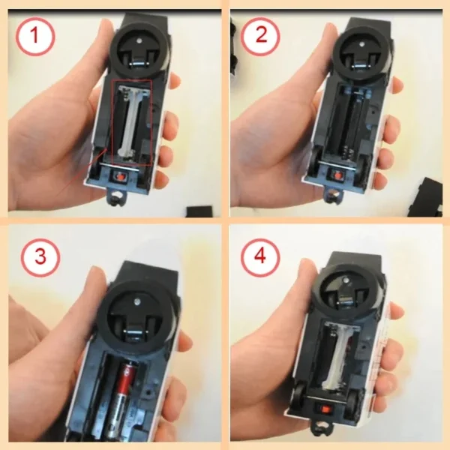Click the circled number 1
pyautogui.click(x=35, y=37)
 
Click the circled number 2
pyautogui.click(x=260, y=37)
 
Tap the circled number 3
pyautogui.click(x=40, y=256)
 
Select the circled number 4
pyautogui.click(x=260, y=256)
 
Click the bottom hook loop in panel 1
pyautogui.click(x=117, y=196)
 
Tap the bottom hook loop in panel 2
pyautogui.click(x=334, y=196)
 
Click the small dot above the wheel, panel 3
pyautogui.click(x=138, y=301)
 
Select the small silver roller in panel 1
pyautogui.click(x=138, y=64)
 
